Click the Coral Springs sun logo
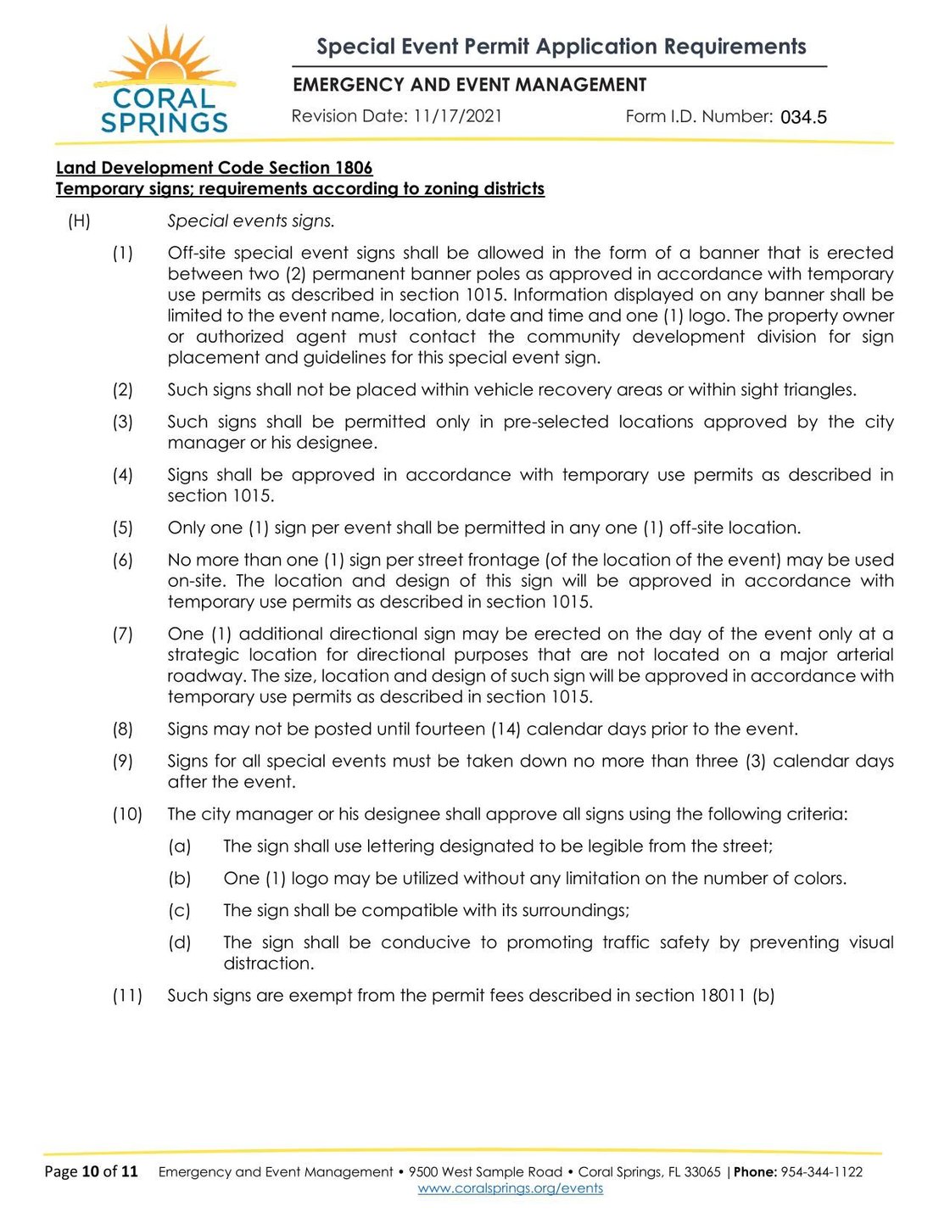[x=164, y=83]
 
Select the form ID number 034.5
[x=803, y=118]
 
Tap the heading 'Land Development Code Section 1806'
[x=214, y=168]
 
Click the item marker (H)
[x=79, y=221]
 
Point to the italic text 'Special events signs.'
[x=251, y=221]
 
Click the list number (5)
[x=123, y=528]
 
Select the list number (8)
[x=123, y=729]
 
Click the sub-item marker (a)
[x=179, y=846]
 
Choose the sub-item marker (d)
[x=179, y=942]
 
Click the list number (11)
[x=127, y=996]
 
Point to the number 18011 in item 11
[x=723, y=996]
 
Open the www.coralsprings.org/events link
[x=511, y=1189]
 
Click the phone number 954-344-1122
[x=821, y=1172]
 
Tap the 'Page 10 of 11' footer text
[x=91, y=1172]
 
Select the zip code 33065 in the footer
[x=702, y=1172]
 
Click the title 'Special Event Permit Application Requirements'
[x=561, y=47]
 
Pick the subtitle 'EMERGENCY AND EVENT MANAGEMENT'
[x=469, y=85]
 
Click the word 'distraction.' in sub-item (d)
[x=269, y=964]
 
